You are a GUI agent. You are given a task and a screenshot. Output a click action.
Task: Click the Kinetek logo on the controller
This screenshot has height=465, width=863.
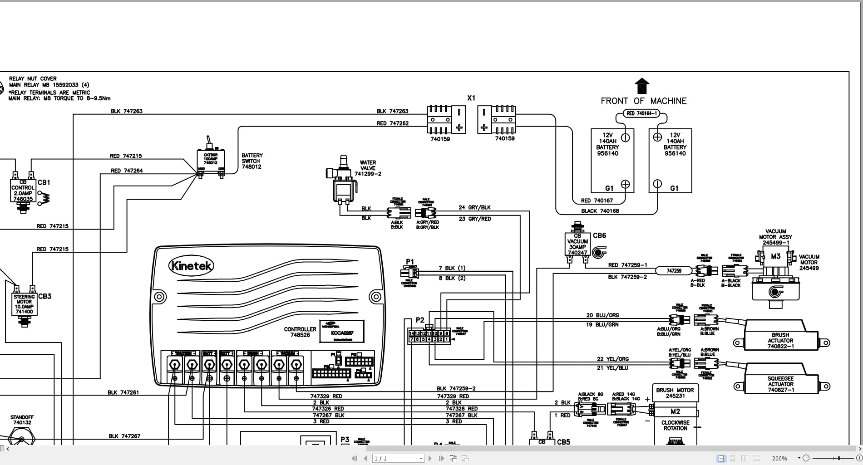point(191,265)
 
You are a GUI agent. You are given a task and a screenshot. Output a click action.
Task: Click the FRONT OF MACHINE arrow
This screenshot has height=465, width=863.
point(642,86)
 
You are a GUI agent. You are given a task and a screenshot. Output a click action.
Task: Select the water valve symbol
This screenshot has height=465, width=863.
point(343,181)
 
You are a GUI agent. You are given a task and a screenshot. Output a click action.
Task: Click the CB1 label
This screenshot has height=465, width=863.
point(44,182)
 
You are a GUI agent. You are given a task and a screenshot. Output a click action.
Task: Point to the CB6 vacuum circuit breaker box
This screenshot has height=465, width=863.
point(577,244)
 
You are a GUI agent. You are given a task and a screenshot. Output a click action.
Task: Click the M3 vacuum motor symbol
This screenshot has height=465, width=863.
point(776,257)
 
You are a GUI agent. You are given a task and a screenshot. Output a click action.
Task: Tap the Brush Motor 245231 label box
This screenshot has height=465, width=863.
point(675,393)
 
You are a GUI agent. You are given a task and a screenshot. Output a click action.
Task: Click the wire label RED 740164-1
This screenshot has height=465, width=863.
point(641,113)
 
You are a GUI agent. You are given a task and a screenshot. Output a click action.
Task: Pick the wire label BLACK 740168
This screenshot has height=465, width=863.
point(600,211)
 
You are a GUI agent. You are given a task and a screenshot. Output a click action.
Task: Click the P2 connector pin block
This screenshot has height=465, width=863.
point(429,336)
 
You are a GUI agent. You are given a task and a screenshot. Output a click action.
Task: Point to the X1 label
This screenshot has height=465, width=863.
point(471,98)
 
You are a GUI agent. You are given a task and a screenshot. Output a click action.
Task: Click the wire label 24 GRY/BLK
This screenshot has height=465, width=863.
point(474,207)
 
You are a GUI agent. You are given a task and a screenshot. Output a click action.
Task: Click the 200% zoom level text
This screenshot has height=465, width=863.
point(779,459)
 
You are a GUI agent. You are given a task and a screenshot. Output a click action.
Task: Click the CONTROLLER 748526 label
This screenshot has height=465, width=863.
point(300,332)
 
